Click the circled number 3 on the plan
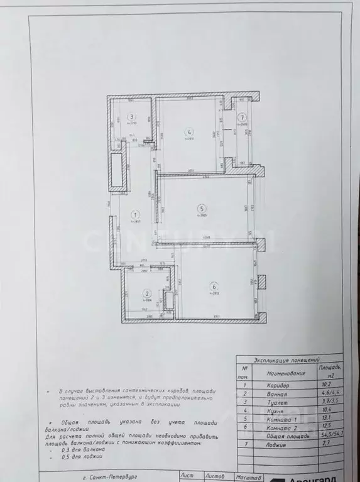[x=131, y=116]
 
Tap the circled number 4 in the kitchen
[x=188, y=131]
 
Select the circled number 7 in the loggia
[x=243, y=116]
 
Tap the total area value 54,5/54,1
[x=327, y=442]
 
